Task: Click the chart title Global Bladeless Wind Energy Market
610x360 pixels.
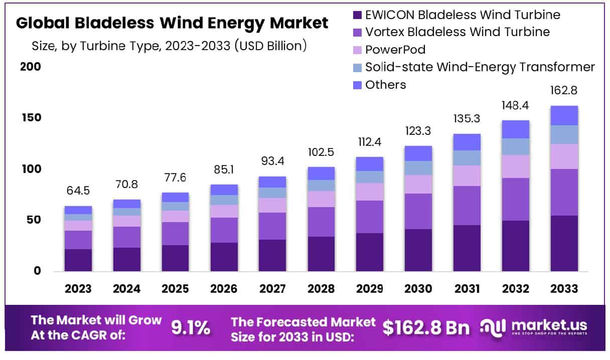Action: pyautogui.click(x=172, y=23)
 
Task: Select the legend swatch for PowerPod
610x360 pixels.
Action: pyautogui.click(x=357, y=50)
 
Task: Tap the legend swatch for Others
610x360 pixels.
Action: pyautogui.click(x=357, y=85)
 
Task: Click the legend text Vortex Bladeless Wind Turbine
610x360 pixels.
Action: pyautogui.click(x=457, y=32)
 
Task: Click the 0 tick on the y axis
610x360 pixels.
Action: pyautogui.click(x=36, y=271)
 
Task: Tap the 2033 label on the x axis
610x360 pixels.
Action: pyautogui.click(x=564, y=289)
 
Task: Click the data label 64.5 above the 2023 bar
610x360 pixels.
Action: pyautogui.click(x=78, y=191)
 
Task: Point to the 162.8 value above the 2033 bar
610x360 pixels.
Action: pyautogui.click(x=564, y=91)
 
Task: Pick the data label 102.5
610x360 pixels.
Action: pyautogui.click(x=321, y=152)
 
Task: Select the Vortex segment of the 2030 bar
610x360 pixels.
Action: pyautogui.click(x=418, y=211)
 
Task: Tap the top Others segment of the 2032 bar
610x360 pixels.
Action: pyautogui.click(x=516, y=129)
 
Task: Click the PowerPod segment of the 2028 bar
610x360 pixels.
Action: pyautogui.click(x=321, y=199)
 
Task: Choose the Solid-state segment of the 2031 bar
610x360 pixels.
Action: pyautogui.click(x=467, y=158)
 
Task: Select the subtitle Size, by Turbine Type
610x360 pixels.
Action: pyautogui.click(x=169, y=46)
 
